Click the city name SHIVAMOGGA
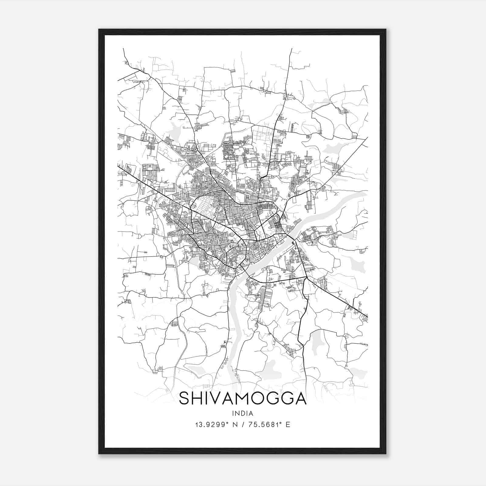(x=243, y=398)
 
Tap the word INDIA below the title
(x=242, y=413)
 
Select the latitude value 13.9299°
(x=211, y=424)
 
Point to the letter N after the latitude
(x=234, y=424)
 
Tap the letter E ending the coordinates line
(x=288, y=424)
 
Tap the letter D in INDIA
(x=242, y=413)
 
